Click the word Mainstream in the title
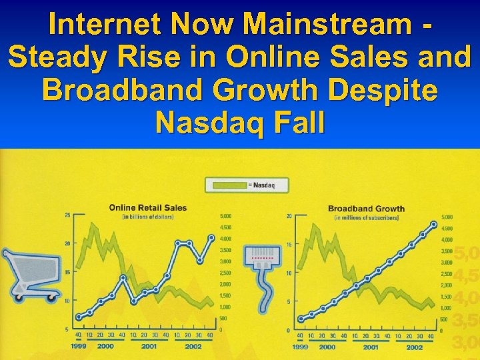[x=332, y=25]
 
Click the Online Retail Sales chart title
[x=148, y=207]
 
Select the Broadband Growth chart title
[x=366, y=209]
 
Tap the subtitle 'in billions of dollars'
[x=147, y=217]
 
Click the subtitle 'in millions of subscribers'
[x=367, y=217]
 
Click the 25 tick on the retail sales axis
[x=67, y=215]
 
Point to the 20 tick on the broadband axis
[x=288, y=216]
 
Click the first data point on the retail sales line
[x=78, y=317]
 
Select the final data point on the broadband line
[x=434, y=224]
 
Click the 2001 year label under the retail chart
[x=149, y=346]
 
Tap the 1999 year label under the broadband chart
[x=301, y=347]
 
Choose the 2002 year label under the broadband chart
[x=415, y=347]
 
